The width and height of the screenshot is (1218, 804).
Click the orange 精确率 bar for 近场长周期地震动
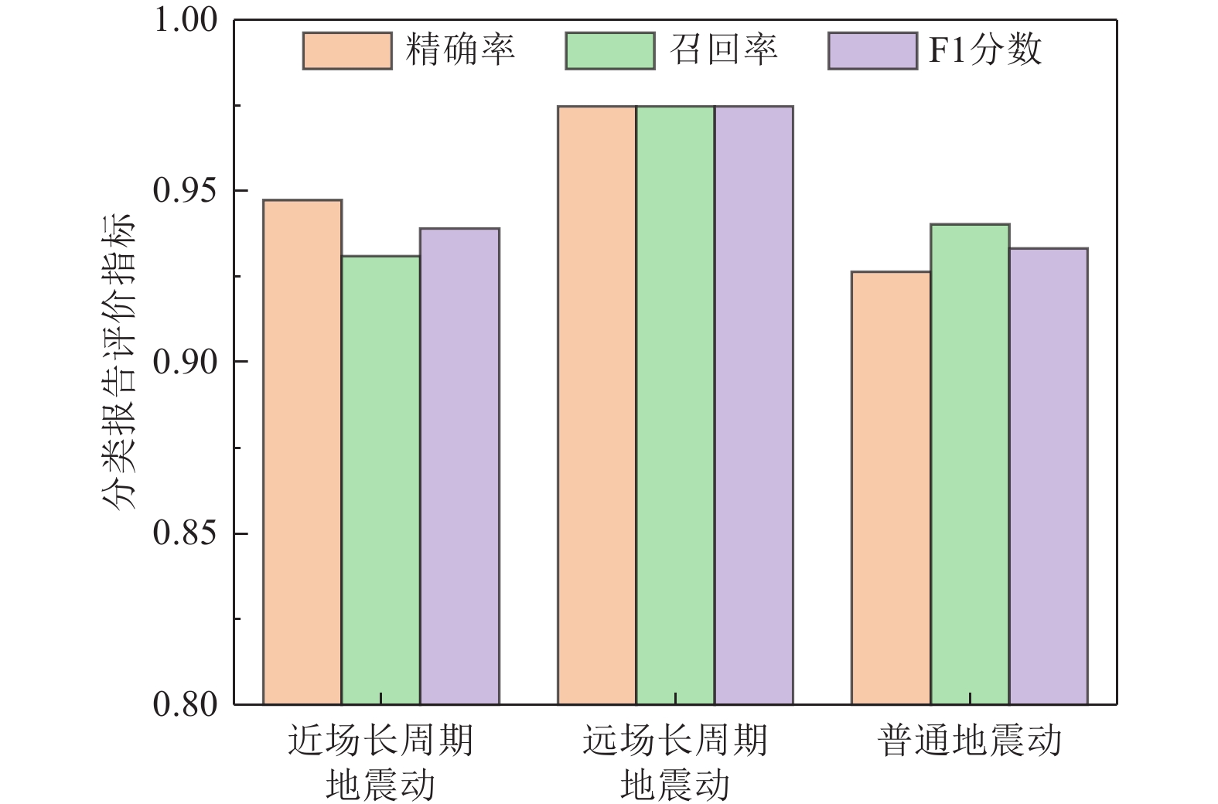pos(302,452)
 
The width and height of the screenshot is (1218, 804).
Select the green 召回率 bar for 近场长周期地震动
pos(381,480)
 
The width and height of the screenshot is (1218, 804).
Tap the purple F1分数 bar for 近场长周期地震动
pos(459,466)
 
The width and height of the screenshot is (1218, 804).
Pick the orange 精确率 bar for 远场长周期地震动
pos(597,405)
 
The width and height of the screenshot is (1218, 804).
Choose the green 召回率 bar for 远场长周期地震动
pos(675,405)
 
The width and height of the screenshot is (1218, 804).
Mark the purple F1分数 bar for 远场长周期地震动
pos(753,405)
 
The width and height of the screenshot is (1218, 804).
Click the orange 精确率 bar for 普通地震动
pos(891,488)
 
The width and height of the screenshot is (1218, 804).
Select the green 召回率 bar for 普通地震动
pos(970,464)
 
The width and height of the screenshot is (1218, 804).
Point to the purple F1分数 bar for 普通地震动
pos(1048,476)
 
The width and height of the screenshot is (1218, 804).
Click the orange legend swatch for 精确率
pos(347,51)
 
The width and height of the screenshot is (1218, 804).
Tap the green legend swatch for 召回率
pos(610,51)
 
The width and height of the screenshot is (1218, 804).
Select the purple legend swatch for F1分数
pos(873,51)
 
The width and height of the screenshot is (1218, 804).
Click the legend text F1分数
pos(985,51)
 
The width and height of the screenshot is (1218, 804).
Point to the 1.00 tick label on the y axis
pos(186,20)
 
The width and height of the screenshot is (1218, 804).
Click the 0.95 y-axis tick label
pos(186,191)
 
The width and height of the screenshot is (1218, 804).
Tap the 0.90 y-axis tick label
pos(186,362)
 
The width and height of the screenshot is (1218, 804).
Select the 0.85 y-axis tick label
pos(186,533)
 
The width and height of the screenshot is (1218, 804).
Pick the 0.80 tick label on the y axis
pos(186,704)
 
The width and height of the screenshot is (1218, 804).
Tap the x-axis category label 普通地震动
pos(970,741)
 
